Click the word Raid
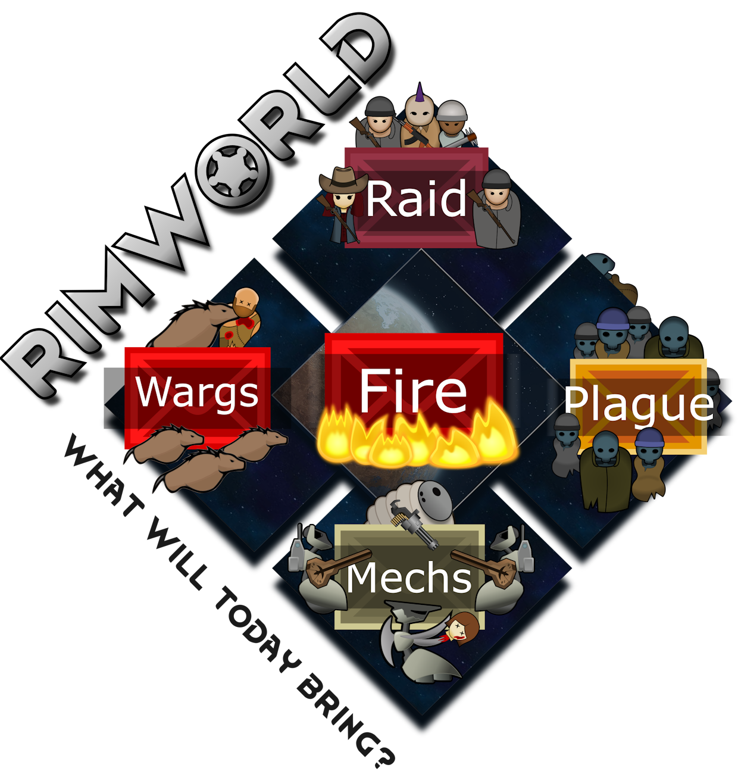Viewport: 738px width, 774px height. click(x=416, y=199)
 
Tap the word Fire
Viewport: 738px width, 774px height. click(x=414, y=391)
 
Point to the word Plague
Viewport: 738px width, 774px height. click(x=639, y=403)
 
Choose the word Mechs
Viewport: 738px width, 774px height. click(x=409, y=578)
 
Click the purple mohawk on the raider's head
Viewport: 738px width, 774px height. click(x=420, y=93)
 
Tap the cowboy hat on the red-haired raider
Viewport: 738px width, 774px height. click(x=343, y=178)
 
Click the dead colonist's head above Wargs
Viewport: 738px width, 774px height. click(x=246, y=299)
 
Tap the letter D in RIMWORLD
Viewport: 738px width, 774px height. click(x=357, y=54)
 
